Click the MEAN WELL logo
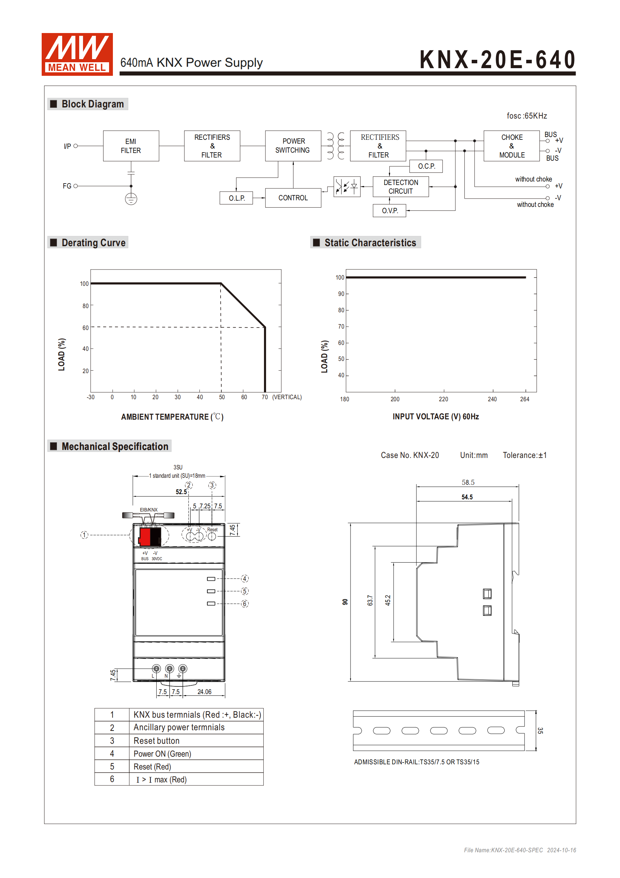point(77,54)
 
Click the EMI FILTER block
point(131,146)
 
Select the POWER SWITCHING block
point(293,146)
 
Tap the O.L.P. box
point(236,198)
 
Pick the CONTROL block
point(293,198)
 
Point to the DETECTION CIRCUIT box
point(400,187)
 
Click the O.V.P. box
point(389,211)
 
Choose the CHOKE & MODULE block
point(512,146)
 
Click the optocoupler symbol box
point(347,187)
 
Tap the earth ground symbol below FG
point(131,199)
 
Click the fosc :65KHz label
point(527,116)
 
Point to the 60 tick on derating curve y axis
point(85,328)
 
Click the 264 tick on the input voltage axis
point(524,399)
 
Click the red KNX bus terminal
point(145,536)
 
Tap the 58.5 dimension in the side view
point(468,483)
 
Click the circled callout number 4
point(245,579)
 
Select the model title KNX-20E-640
point(497,60)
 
